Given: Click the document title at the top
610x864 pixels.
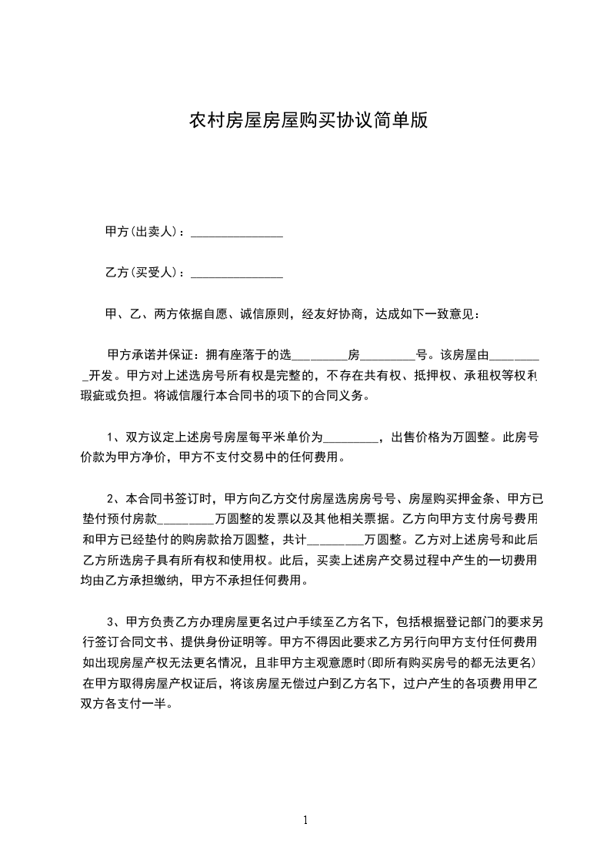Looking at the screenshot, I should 308,121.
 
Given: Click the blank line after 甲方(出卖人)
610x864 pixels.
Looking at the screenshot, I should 236,233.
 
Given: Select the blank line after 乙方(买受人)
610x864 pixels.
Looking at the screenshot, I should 236,274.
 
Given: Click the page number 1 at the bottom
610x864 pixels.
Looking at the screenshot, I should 305,820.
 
